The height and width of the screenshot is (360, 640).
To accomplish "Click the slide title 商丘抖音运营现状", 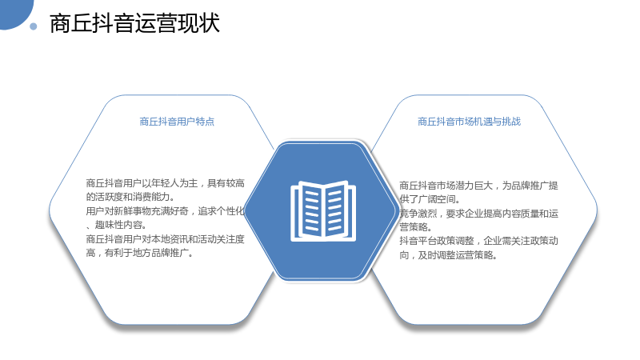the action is pos(134,23).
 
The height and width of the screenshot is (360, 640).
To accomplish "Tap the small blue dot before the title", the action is pos(34,26).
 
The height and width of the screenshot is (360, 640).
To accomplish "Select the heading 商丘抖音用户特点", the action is pos(177,122).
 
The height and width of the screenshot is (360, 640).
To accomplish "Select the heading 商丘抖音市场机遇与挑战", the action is pos(469,122).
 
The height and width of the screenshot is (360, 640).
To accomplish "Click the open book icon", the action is pos(323,211).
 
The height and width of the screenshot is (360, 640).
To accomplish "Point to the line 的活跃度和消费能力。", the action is pos(130,197).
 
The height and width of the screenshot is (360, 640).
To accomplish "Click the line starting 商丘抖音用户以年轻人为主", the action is pos(165,183).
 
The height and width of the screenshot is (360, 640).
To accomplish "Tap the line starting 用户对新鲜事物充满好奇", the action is pos(165,210).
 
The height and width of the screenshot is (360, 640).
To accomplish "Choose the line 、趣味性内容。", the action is pos(117,225).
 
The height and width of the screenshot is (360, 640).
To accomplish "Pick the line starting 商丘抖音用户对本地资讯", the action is pos(165,238).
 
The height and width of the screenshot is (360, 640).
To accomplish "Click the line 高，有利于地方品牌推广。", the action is pos(139,253).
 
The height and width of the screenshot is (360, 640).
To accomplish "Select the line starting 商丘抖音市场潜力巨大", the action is pos(478,186).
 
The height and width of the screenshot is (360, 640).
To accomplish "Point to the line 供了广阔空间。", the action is pos(430,199).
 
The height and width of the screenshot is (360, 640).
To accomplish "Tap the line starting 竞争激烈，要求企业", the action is pos(478,213).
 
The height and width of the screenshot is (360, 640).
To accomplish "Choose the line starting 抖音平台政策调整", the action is pos(478,241).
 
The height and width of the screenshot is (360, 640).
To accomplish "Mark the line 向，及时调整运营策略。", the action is pos(448,255).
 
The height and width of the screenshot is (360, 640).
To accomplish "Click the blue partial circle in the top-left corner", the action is pos(15,13).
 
